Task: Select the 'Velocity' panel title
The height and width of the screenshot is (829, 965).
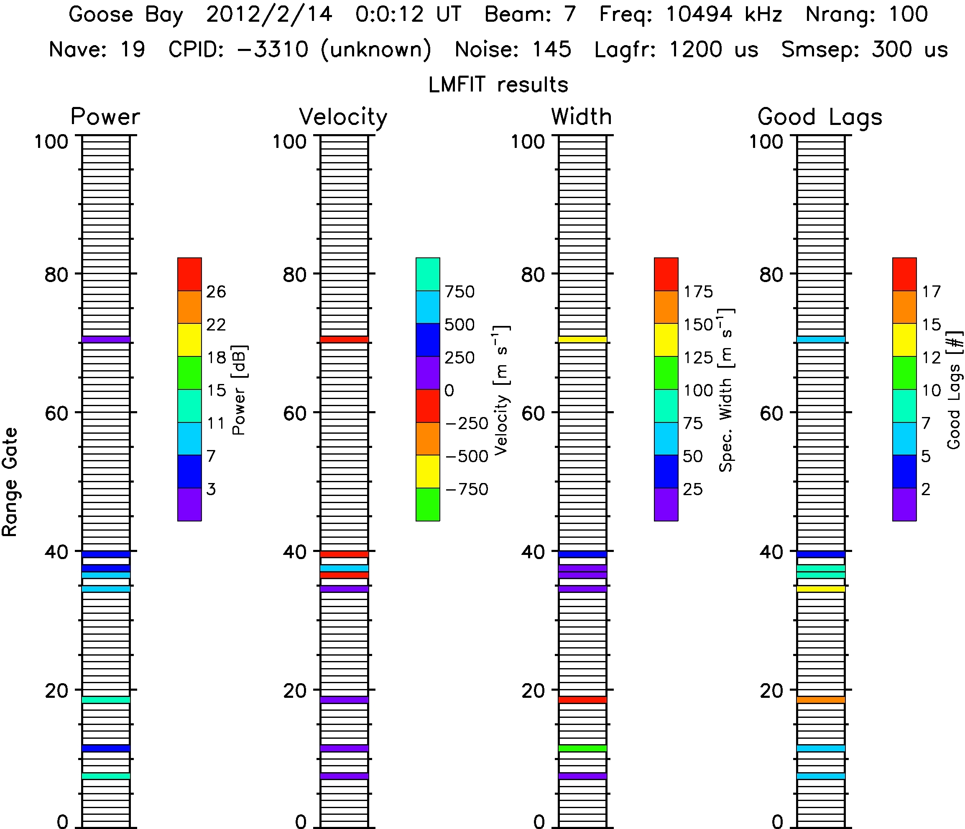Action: pos(343,117)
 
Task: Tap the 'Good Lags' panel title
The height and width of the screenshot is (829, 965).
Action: pos(819,117)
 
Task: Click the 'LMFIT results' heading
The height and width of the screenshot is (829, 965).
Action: pos(498,85)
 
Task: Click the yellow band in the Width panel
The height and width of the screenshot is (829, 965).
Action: pos(582,339)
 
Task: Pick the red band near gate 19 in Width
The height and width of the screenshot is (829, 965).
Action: pos(582,699)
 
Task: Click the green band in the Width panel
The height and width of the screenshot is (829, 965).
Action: pos(582,748)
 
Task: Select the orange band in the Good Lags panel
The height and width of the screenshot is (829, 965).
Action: pos(821,699)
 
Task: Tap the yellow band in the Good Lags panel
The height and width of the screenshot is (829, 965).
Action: pos(821,589)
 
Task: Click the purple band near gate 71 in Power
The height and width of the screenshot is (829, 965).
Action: pos(106,339)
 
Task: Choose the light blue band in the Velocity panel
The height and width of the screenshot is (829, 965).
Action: pos(345,568)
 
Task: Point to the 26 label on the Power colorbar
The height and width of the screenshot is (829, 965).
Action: pos(216,292)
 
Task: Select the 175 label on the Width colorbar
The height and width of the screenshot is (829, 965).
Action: pos(698,292)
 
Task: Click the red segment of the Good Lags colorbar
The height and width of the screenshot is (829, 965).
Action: pos(904,274)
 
